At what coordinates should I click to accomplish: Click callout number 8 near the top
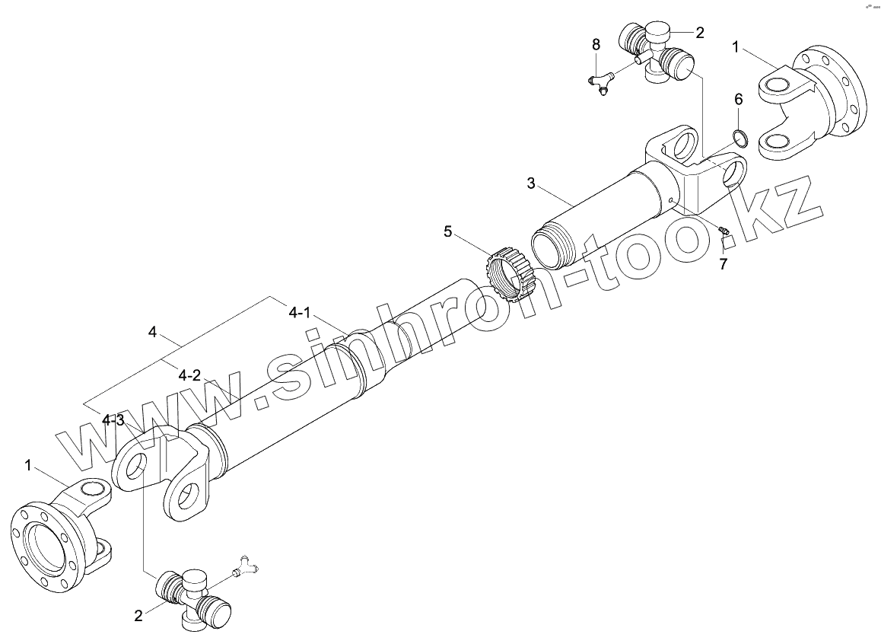(x=596, y=44)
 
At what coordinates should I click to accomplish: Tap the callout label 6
(x=738, y=99)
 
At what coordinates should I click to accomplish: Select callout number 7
(x=723, y=264)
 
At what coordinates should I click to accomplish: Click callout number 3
(x=531, y=183)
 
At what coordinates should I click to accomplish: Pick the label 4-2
(x=189, y=375)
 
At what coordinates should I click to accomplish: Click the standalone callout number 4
(x=153, y=332)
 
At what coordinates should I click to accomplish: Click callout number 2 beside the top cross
(x=699, y=32)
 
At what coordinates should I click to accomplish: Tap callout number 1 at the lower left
(x=28, y=464)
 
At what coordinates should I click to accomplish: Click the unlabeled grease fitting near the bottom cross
(x=245, y=565)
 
